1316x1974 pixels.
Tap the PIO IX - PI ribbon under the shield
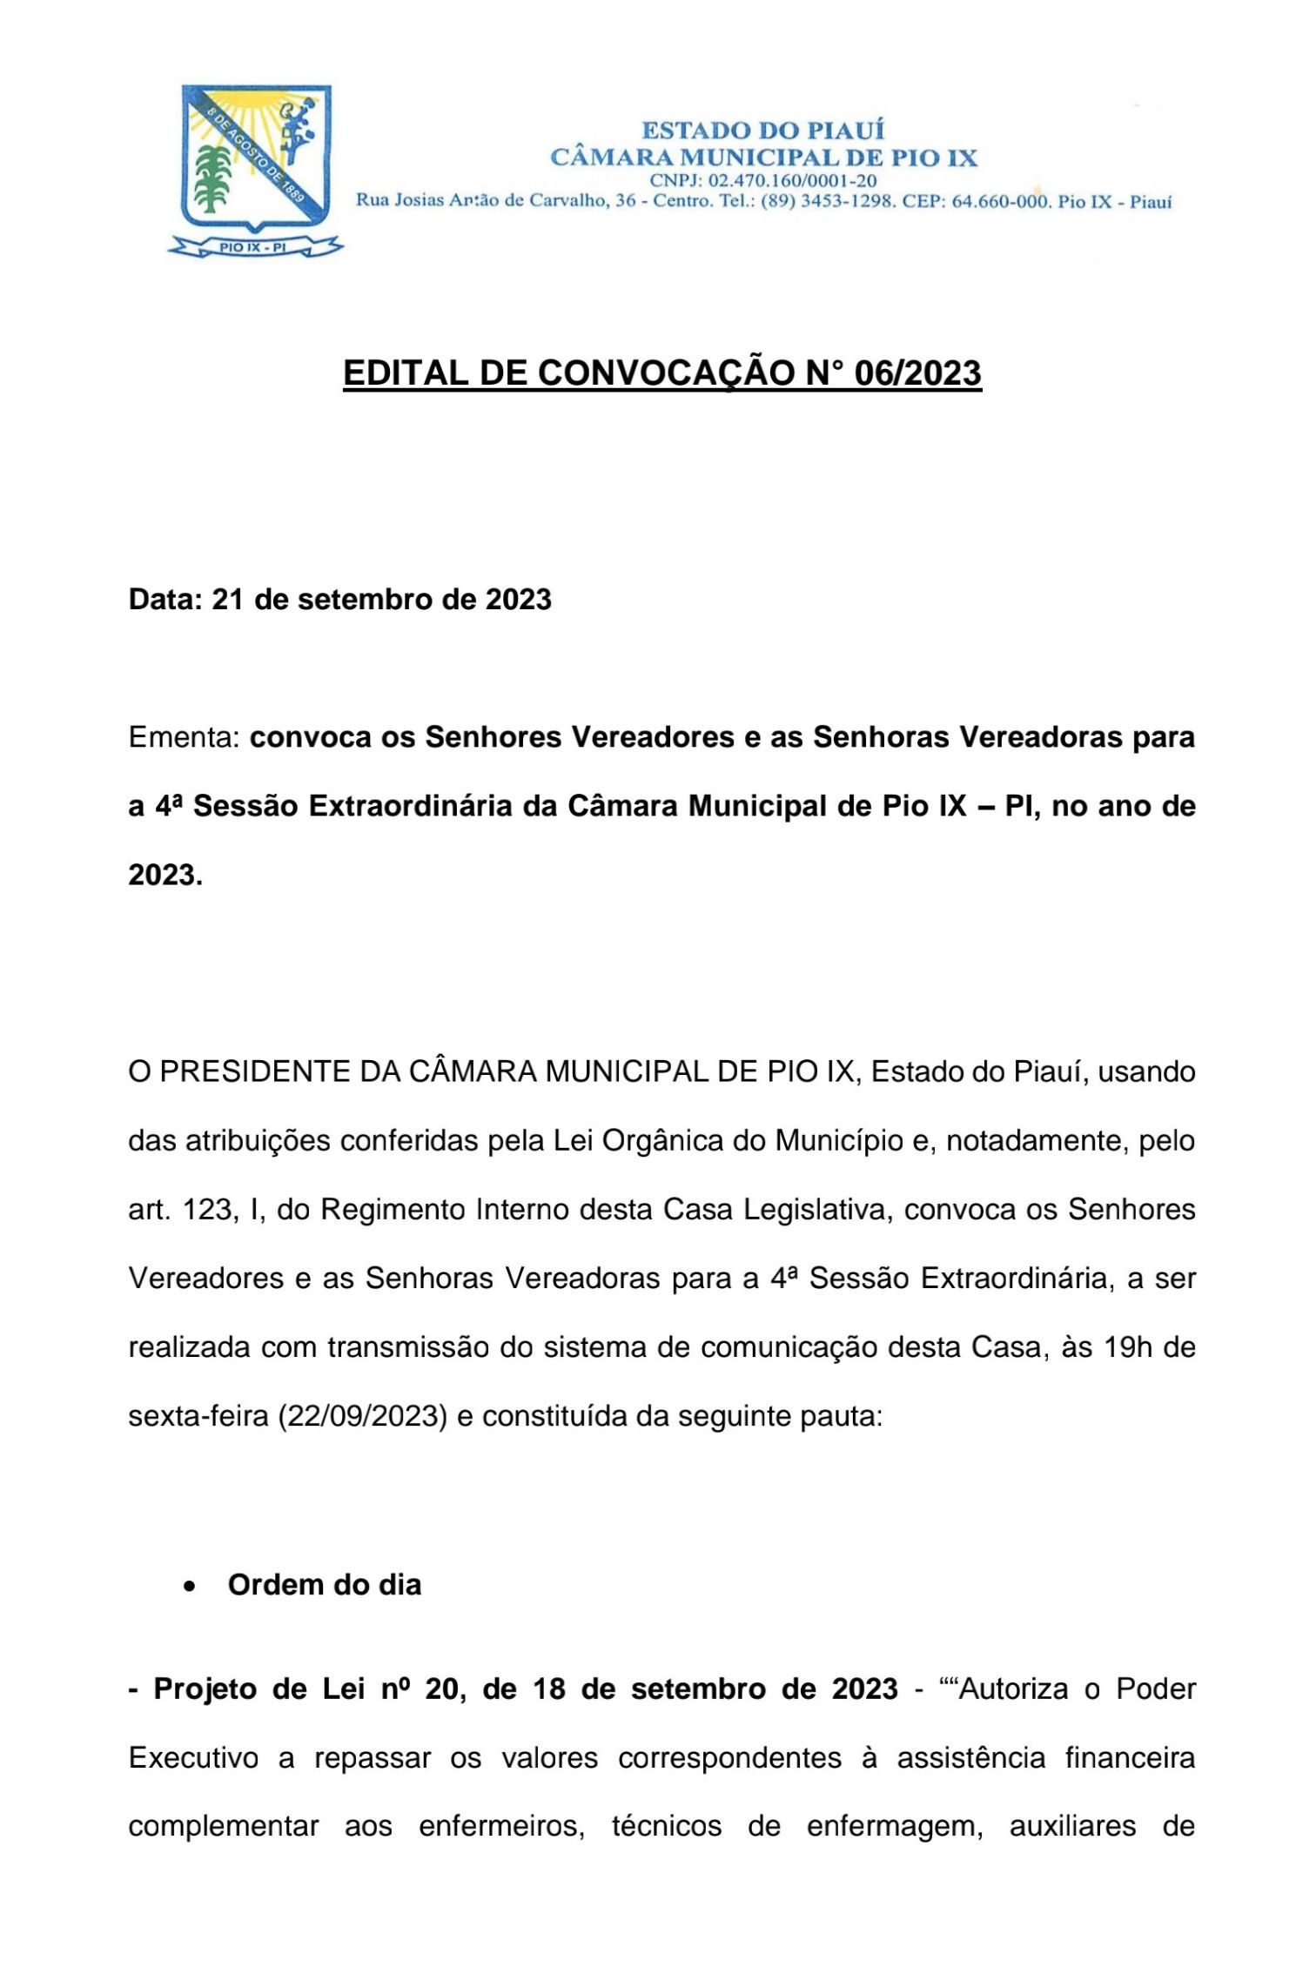[253, 247]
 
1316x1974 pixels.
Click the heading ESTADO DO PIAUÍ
[762, 131]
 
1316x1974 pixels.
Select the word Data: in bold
[165, 600]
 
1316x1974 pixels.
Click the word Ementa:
[184, 737]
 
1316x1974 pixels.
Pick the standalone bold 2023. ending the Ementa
[165, 875]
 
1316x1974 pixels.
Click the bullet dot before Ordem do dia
[190, 1587]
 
